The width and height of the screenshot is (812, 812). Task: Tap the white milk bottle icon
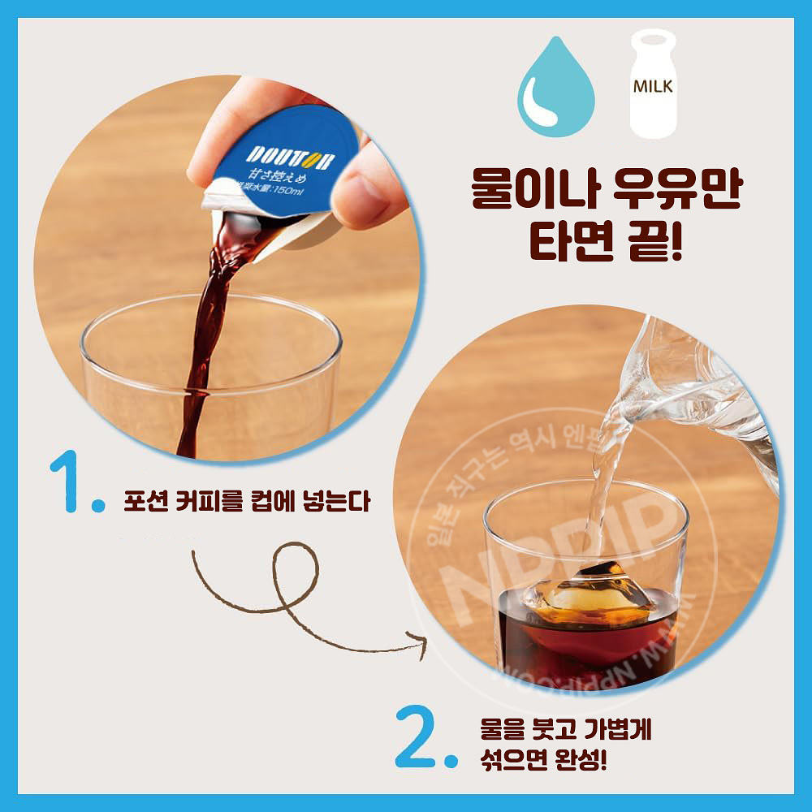click(x=654, y=85)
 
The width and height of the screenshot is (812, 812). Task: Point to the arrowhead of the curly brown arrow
click(x=421, y=645)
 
